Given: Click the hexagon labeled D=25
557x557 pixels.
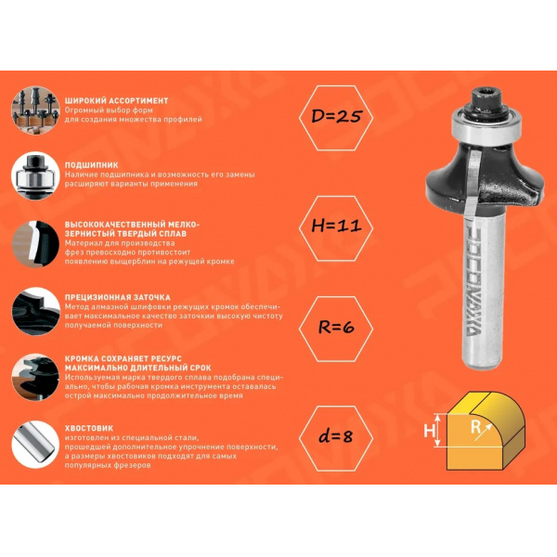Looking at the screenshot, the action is [336, 118].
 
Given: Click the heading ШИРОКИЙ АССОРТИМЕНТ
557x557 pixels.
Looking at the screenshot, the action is [117, 100].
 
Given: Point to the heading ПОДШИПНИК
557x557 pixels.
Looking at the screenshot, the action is [92, 165].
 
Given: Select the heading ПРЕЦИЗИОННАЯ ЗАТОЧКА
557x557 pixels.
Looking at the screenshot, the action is [118, 297].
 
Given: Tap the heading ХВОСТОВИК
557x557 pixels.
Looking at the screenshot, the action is [89, 428].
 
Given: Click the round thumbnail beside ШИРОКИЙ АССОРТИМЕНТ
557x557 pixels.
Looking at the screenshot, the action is [35, 110].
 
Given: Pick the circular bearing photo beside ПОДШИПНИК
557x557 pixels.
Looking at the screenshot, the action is [35, 175].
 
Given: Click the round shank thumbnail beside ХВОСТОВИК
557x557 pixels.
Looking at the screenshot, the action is [35, 445].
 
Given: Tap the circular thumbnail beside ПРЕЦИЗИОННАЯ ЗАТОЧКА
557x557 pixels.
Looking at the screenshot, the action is [35, 311].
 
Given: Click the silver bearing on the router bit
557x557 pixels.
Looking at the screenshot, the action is [482, 124].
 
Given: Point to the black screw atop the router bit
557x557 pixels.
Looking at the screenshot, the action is [486, 101].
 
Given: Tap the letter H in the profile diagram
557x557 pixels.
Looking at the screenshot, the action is [429, 431].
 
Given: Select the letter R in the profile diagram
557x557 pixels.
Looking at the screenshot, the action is [475, 427].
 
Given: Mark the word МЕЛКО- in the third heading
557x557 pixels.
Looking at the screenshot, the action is [182, 225].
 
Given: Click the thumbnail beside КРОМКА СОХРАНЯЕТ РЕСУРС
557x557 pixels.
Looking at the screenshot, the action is [35, 377].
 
